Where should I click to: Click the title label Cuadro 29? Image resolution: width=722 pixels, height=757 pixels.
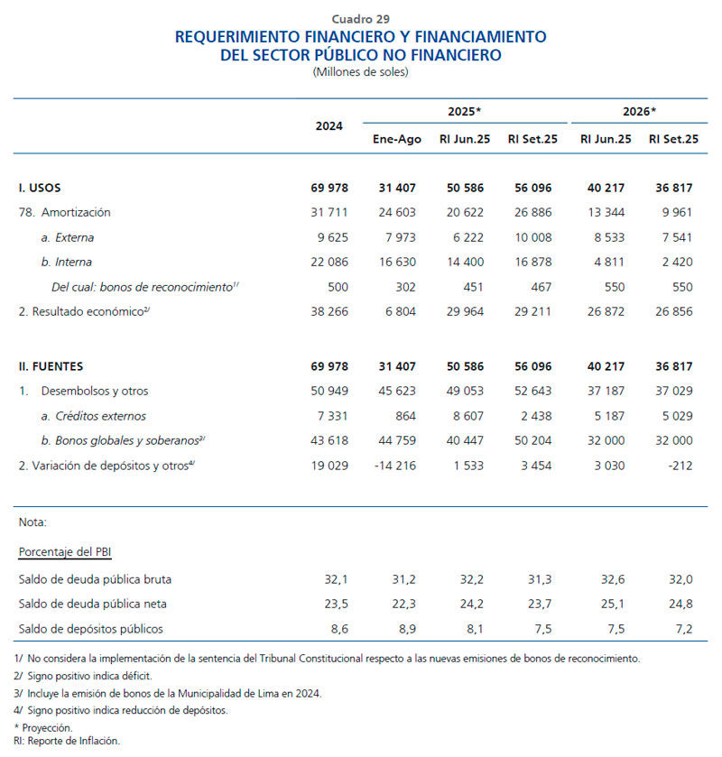361,18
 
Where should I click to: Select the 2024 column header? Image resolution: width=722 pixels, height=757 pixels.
329,126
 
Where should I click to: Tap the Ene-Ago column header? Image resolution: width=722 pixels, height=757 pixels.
397,139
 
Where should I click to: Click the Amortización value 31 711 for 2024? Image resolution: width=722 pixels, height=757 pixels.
328,212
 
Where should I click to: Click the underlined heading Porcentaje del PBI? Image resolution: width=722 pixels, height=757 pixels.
65,551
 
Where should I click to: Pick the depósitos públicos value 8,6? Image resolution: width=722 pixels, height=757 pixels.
335,628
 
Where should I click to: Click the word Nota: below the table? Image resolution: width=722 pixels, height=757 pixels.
32,522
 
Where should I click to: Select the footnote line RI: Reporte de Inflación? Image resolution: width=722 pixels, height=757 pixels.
68,741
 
